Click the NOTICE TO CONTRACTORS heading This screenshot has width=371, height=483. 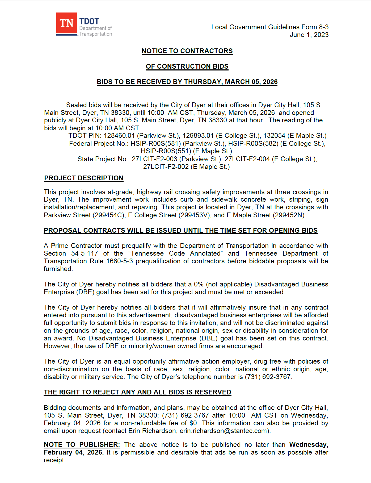pyautogui.click(x=187, y=51)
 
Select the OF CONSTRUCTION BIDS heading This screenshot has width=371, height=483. pyautogui.click(x=187, y=66)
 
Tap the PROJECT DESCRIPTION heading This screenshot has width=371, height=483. pyautogui.click(x=84, y=178)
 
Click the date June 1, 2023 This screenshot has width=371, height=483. pyautogui.click(x=309, y=35)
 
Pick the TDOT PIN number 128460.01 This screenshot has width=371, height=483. pyautogui.click(x=119, y=136)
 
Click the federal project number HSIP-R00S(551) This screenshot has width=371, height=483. pyautogui.click(x=166, y=151)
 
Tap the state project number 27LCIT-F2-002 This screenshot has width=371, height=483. pyautogui.click(x=166, y=167)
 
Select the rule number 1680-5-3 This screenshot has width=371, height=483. pyautogui.click(x=119, y=261)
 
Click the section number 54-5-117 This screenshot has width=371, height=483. pyautogui.click(x=85, y=253)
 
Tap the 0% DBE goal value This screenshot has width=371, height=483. pyautogui.click(x=199, y=284)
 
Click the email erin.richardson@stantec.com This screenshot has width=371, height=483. pyautogui.click(x=224, y=431)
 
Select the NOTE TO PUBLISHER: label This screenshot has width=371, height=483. pyautogui.click(x=82, y=445)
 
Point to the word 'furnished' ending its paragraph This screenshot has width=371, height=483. pyautogui.click(x=58, y=269)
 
